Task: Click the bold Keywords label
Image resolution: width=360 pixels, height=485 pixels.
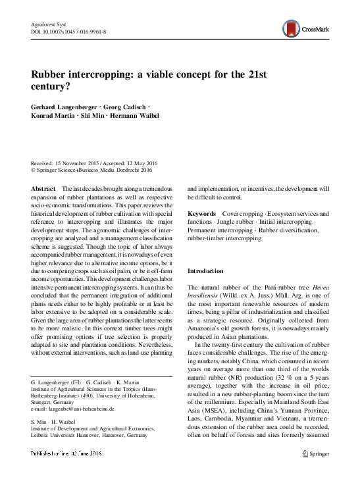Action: [201, 215]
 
